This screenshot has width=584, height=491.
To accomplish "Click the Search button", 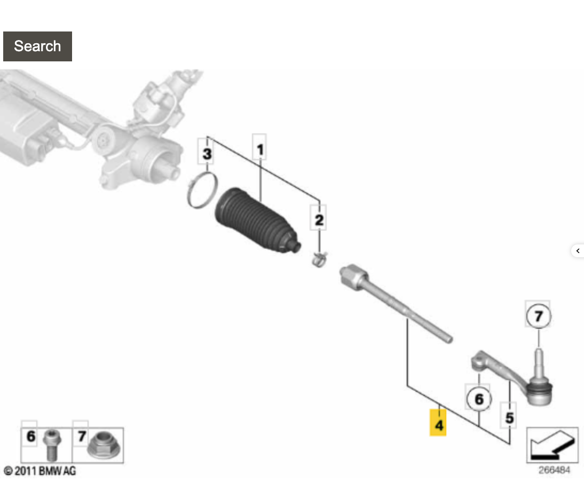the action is tap(37, 46).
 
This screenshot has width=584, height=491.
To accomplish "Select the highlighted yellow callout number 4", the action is tap(438, 423).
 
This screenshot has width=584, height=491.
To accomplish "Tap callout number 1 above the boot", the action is tap(259, 149).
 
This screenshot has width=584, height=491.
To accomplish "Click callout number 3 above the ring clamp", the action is tap(207, 153).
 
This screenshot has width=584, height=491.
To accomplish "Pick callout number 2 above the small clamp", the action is tap(319, 220).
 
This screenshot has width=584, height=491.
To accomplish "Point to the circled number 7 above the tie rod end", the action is tap(539, 316).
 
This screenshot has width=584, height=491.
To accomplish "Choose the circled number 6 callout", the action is tap(479, 399).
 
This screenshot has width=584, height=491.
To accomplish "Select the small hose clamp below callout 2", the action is tap(319, 259).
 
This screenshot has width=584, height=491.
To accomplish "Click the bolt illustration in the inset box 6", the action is tap(51, 445).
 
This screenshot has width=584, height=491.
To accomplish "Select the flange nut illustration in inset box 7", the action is tap(103, 445).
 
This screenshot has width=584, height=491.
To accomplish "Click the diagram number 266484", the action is tap(554, 470).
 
